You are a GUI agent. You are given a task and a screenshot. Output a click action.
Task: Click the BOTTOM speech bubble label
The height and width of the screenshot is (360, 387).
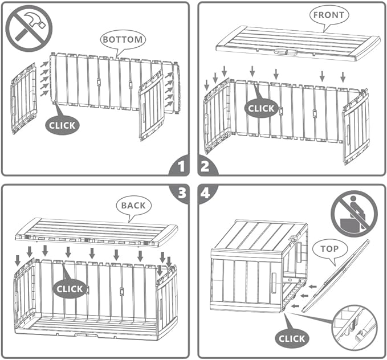pyautogui.click(x=123, y=39)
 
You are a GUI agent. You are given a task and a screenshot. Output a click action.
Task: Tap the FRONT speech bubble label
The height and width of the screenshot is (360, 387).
pyautogui.click(x=329, y=15)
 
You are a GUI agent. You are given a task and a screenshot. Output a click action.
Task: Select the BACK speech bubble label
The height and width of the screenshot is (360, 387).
pyautogui.click(x=133, y=206)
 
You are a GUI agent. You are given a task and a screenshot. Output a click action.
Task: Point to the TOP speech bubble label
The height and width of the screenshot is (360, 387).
pyautogui.click(x=330, y=249)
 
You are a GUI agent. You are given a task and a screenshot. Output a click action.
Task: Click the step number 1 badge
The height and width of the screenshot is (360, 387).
pyautogui.click(x=180, y=166)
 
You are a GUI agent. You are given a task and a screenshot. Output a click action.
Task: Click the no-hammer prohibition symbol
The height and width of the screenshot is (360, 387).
pyautogui.click(x=29, y=28)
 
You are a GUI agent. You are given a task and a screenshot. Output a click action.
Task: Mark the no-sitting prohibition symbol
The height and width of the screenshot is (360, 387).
pyautogui.click(x=354, y=214)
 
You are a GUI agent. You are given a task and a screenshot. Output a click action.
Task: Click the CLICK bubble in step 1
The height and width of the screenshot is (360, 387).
pyautogui.click(x=62, y=125)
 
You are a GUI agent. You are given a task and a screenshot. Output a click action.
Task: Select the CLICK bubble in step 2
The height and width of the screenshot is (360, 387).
pyautogui.click(x=261, y=108)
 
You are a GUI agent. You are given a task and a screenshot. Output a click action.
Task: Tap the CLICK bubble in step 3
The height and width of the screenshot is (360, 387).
pyautogui.click(x=70, y=289)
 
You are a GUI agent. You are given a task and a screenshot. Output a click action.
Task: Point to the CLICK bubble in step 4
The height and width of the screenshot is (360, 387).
pyautogui.click(x=292, y=338)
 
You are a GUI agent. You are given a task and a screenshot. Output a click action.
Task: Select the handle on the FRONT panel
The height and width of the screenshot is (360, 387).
pyautogui.click(x=286, y=52)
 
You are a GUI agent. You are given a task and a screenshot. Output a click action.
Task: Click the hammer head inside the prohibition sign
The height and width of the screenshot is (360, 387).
pyautogui.click(x=36, y=21)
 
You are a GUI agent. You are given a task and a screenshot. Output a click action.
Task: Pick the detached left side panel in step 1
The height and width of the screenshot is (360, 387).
pyautogui.click(x=23, y=99)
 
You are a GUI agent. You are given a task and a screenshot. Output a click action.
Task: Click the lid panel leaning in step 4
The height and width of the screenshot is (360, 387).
pyautogui.click(x=336, y=276)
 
